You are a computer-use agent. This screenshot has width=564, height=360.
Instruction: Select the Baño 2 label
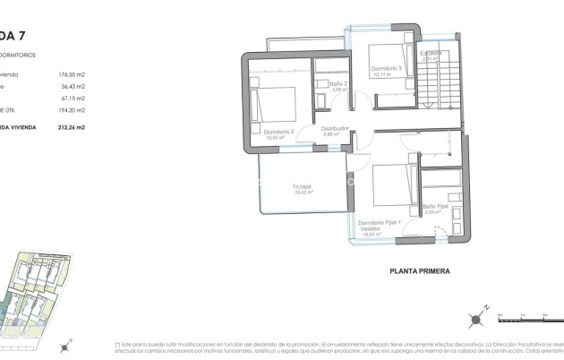click(x=339, y=84)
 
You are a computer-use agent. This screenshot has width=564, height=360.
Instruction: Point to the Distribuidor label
click(x=335, y=129)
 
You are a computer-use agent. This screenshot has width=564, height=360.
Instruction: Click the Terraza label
click(x=301, y=187)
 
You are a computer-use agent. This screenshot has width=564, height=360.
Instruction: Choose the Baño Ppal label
click(x=435, y=207)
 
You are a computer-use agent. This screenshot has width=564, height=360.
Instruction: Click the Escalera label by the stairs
click(x=432, y=54)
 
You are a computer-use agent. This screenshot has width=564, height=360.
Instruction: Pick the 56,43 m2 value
click(x=73, y=87)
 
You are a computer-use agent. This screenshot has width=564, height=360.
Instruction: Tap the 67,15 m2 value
click(x=73, y=99)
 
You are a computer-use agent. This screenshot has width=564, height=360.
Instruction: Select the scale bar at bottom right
click(x=529, y=315)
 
